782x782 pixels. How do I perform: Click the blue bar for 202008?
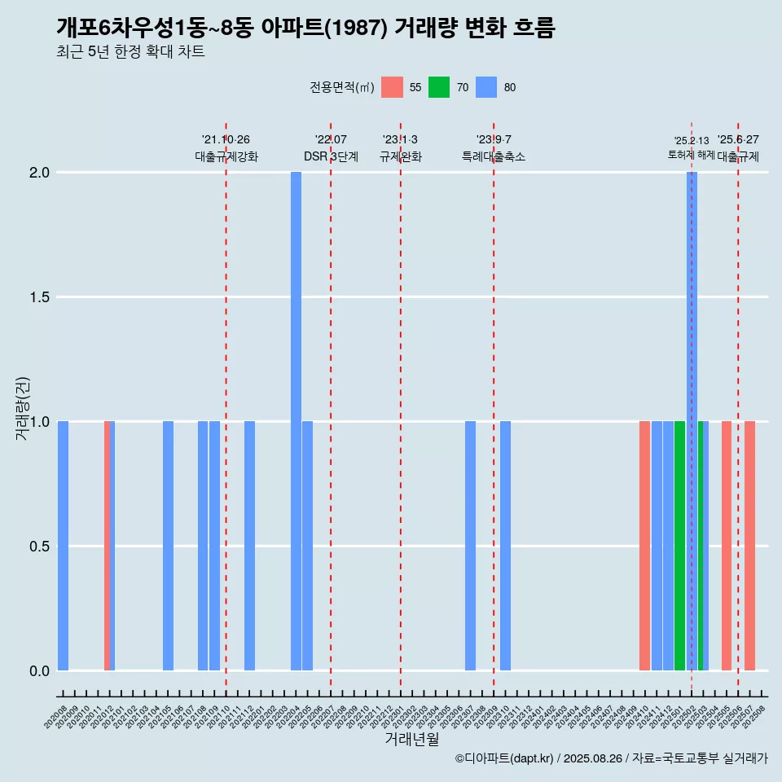point(63,546)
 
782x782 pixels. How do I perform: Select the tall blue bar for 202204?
point(296,421)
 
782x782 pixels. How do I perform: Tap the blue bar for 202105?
point(168,546)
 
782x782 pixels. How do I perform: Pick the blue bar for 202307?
point(470,546)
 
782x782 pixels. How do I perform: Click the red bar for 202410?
point(644,546)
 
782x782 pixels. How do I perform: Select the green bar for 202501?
point(679,546)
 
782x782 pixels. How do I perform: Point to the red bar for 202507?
point(749,546)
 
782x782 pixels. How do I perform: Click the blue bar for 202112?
point(249,546)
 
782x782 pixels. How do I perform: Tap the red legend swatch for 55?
point(392,87)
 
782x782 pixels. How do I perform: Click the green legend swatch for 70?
point(438,87)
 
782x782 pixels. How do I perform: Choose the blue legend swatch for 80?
point(485,87)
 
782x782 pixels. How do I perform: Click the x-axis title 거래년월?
point(411,739)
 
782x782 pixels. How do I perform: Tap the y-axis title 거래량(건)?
point(22,408)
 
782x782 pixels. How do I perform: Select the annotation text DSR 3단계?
point(331,156)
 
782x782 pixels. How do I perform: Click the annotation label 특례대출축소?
point(494,156)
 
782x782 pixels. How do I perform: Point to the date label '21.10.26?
point(226,139)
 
